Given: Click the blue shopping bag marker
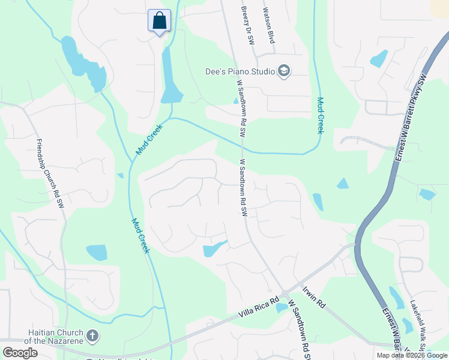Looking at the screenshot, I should pos(159,20).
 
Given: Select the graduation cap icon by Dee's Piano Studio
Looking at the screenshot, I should pos(284,72).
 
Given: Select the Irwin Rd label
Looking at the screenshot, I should pos(313,297).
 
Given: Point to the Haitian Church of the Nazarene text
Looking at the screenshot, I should pos(56,337).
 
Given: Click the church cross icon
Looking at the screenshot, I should pos(92,335).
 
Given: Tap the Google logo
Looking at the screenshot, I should pos(20,352).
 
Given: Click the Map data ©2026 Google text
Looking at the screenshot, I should pos(411,355).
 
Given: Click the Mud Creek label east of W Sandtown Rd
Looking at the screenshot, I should pos(321,115).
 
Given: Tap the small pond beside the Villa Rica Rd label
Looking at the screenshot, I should pos(281,308).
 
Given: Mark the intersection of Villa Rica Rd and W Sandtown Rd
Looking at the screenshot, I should pos(285,292).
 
